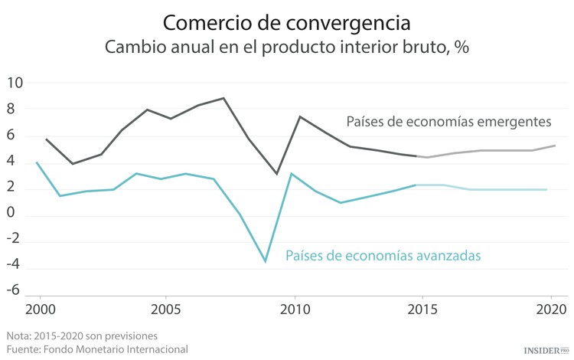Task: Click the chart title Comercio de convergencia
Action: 286,20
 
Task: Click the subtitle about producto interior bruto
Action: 286,46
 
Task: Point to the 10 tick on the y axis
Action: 15,83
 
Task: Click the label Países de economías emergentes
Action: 448,122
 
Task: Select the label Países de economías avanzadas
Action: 383,256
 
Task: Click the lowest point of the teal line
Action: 266,262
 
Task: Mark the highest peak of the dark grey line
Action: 223,98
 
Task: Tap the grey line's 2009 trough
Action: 277,174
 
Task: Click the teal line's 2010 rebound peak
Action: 291,174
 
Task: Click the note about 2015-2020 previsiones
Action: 83,336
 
